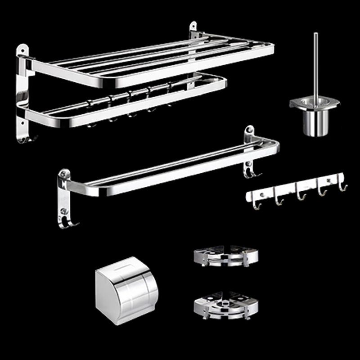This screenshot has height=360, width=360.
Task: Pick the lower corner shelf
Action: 226,306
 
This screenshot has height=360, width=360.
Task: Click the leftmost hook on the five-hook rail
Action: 257,205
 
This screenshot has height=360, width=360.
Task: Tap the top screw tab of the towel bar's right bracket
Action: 249,131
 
